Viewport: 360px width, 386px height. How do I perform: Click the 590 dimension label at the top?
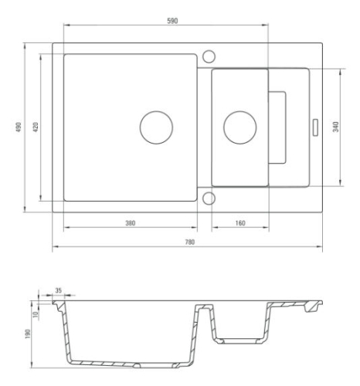click(x=172, y=21)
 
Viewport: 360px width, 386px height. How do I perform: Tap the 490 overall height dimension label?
click(x=19, y=127)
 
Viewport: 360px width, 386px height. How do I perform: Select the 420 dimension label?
click(x=36, y=127)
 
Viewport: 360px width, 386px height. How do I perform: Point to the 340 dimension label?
click(x=335, y=127)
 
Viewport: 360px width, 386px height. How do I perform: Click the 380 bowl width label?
click(x=131, y=223)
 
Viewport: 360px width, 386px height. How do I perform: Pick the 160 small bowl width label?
click(x=240, y=223)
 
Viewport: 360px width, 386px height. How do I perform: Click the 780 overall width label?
click(x=190, y=242)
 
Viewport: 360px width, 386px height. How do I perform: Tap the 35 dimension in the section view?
click(x=59, y=290)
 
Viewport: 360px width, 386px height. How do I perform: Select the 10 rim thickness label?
click(x=36, y=314)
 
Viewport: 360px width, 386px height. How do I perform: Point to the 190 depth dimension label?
click(x=28, y=334)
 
